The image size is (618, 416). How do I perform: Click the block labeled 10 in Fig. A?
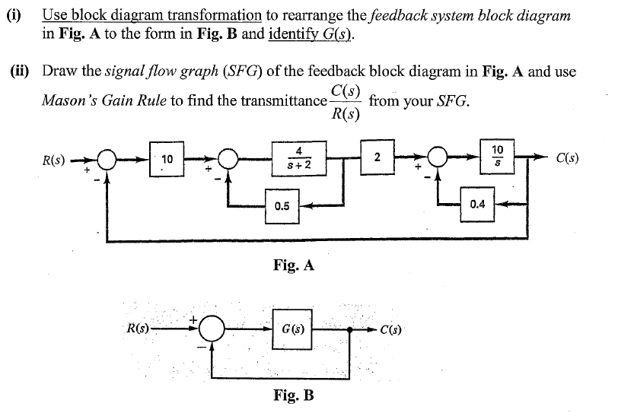click(x=167, y=160)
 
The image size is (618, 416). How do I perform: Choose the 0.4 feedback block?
click(x=477, y=204)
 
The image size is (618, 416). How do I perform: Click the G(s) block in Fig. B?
click(x=293, y=332)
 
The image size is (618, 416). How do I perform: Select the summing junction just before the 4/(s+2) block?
click(x=228, y=161)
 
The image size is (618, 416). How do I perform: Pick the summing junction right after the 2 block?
click(x=437, y=161)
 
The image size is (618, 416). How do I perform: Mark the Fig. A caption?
click(x=293, y=265)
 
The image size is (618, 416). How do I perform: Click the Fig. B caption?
click(x=293, y=395)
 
